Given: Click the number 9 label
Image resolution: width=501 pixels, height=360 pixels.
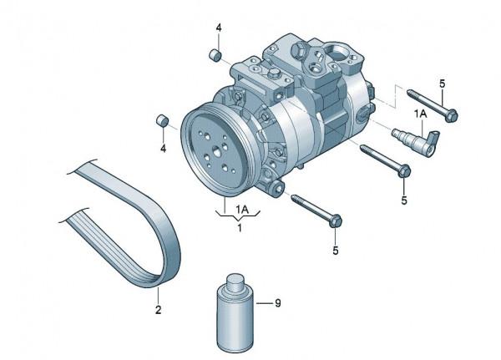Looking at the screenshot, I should (x=278, y=303).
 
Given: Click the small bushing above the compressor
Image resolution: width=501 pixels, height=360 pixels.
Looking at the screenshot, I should (x=215, y=57).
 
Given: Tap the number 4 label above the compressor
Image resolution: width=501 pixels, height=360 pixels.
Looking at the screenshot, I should (x=219, y=28).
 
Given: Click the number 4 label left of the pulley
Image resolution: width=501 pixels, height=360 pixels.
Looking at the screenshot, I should (x=163, y=148).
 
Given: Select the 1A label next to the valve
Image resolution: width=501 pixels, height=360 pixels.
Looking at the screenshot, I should (x=420, y=112).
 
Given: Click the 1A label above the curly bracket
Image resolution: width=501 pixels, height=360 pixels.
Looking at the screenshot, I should (x=240, y=207).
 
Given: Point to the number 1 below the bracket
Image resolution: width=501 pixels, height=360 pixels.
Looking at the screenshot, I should (x=240, y=227).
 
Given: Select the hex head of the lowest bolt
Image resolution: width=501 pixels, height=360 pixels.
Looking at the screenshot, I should (x=335, y=221).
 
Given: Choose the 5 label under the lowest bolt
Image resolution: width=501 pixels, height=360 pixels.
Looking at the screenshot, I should (x=336, y=249).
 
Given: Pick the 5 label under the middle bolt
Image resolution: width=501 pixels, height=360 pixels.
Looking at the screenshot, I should (x=404, y=200).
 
